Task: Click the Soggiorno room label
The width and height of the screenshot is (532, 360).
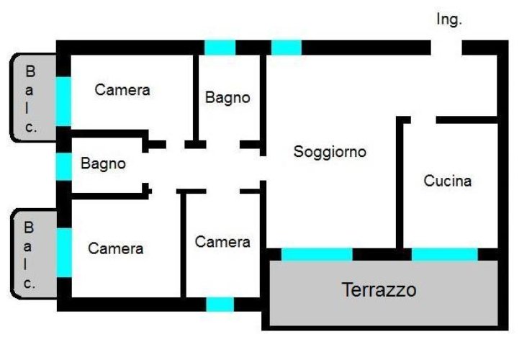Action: (330, 152)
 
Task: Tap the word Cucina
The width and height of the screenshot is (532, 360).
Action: (447, 181)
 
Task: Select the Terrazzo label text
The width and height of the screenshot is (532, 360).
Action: (379, 290)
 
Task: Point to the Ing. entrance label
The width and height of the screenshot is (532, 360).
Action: (448, 20)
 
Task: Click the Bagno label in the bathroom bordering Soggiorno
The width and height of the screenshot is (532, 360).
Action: (227, 97)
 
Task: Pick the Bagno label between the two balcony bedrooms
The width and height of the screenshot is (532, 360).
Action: (103, 163)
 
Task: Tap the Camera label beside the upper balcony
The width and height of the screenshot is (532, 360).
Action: (122, 90)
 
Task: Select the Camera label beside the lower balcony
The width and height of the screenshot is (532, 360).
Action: (115, 248)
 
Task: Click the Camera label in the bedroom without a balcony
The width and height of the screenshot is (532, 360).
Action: (222, 242)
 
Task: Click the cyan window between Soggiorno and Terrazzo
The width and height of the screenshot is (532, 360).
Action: (316, 254)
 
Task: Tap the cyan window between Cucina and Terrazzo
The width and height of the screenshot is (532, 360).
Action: (444, 254)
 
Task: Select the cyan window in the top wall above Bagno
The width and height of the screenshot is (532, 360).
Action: (220, 48)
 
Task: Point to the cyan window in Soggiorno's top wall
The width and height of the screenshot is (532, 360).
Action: (286, 48)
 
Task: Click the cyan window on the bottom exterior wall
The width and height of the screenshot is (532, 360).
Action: (220, 304)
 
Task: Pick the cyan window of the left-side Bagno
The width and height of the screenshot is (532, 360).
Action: (63, 166)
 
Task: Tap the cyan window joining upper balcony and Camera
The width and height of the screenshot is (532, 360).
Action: (63, 101)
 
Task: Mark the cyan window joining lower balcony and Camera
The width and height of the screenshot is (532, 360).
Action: (63, 252)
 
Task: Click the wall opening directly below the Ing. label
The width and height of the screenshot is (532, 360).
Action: (446, 48)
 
